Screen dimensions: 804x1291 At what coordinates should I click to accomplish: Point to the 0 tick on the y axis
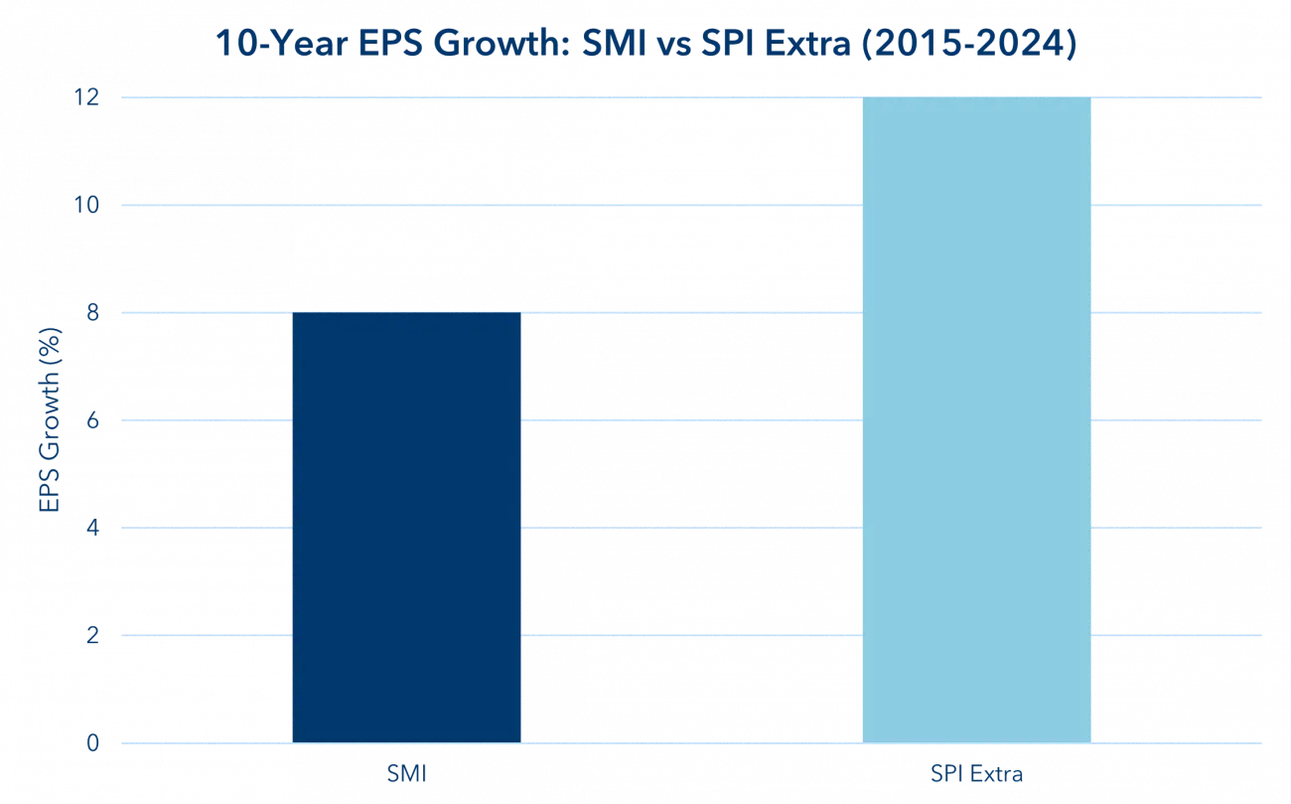tap(93, 742)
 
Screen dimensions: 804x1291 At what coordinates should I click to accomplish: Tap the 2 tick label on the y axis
tap(93, 635)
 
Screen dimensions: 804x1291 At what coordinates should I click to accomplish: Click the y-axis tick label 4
tap(93, 528)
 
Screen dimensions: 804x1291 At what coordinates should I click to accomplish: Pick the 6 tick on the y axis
tap(93, 420)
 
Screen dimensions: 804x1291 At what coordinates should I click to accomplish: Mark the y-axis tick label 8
tap(93, 313)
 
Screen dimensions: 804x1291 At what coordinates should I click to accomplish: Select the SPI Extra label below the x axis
tap(976, 773)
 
